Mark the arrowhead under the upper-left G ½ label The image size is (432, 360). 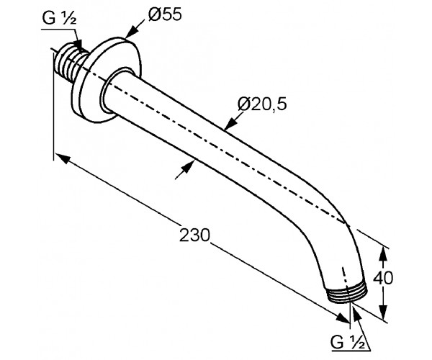80,45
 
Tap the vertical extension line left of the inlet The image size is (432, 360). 53,108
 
